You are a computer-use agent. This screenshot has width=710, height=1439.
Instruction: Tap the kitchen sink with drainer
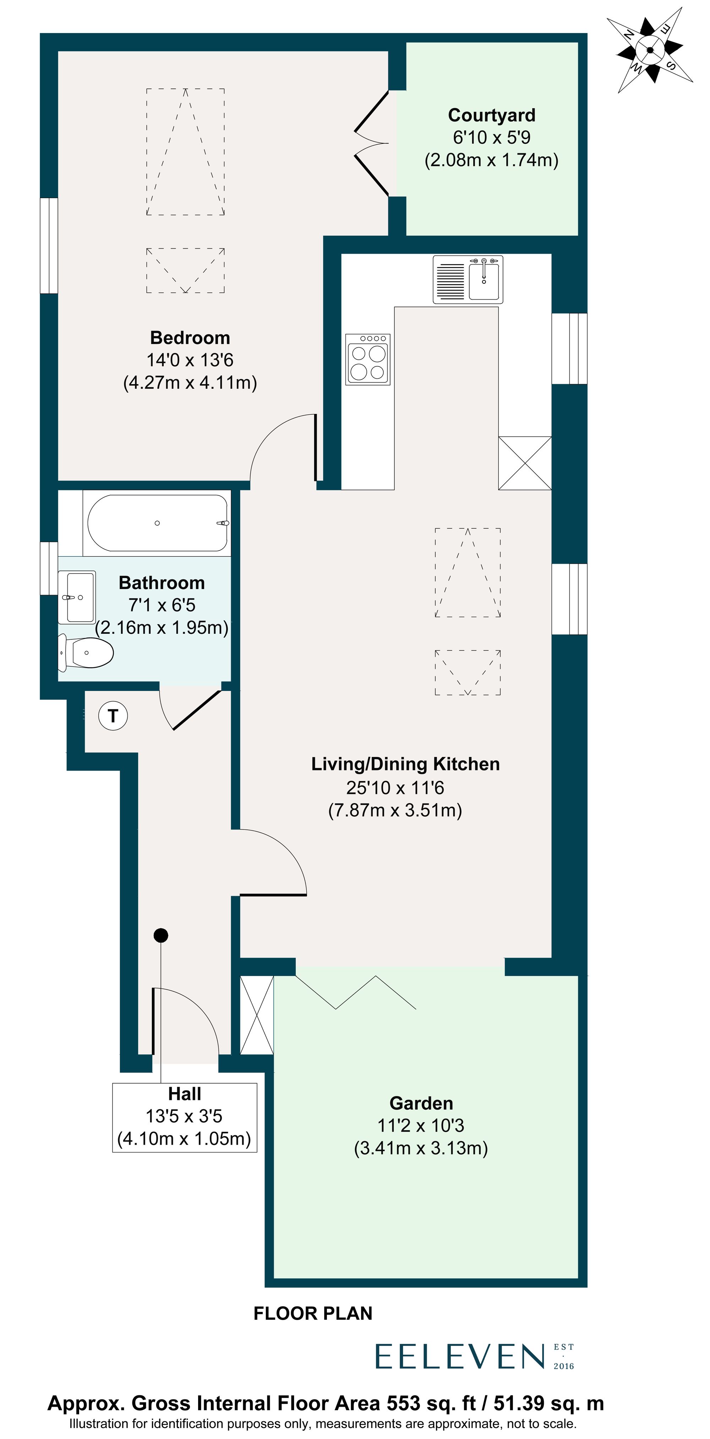click(x=468, y=279)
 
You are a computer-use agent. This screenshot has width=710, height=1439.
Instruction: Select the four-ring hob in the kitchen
click(x=367, y=359)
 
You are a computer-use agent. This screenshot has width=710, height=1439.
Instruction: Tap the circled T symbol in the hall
click(x=113, y=715)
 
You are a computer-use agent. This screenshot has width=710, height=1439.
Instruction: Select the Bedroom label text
click(x=190, y=338)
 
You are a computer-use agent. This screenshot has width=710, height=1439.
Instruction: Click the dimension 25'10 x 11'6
click(x=395, y=787)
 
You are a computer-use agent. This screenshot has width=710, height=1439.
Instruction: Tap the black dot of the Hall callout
click(x=161, y=935)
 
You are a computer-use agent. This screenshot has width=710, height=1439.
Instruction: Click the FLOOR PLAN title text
click(x=313, y=1313)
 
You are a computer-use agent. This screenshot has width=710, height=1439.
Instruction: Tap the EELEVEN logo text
click(x=459, y=1357)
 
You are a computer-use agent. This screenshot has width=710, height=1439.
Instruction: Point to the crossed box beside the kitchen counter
click(x=525, y=463)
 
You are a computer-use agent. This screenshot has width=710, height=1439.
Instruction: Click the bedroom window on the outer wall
click(x=49, y=245)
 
